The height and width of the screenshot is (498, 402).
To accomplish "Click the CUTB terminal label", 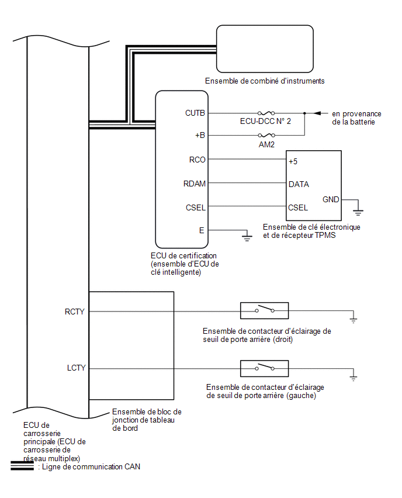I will (x=194, y=113).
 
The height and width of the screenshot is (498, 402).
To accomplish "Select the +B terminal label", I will (x=199, y=136).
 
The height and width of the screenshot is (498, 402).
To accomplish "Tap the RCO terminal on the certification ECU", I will (x=196, y=159).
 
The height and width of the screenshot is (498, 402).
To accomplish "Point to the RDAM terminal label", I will (x=194, y=183).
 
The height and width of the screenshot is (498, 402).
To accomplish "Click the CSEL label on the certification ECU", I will (x=195, y=206).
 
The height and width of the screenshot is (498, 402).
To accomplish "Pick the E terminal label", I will (x=202, y=230).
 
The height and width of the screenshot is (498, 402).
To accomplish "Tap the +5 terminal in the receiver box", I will (x=293, y=161).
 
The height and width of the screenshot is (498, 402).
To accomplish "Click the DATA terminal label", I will (x=299, y=184).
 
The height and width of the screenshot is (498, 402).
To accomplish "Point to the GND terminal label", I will (x=331, y=199).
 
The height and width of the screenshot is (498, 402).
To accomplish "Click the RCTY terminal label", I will (x=75, y=312).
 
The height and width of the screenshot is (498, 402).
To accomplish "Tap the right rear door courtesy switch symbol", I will (x=264, y=310).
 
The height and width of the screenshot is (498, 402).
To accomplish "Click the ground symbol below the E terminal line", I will (x=247, y=236).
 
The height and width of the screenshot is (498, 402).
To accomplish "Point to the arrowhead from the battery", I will (x=317, y=113).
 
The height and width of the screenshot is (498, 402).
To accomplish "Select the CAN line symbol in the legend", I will (x=22, y=466).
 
